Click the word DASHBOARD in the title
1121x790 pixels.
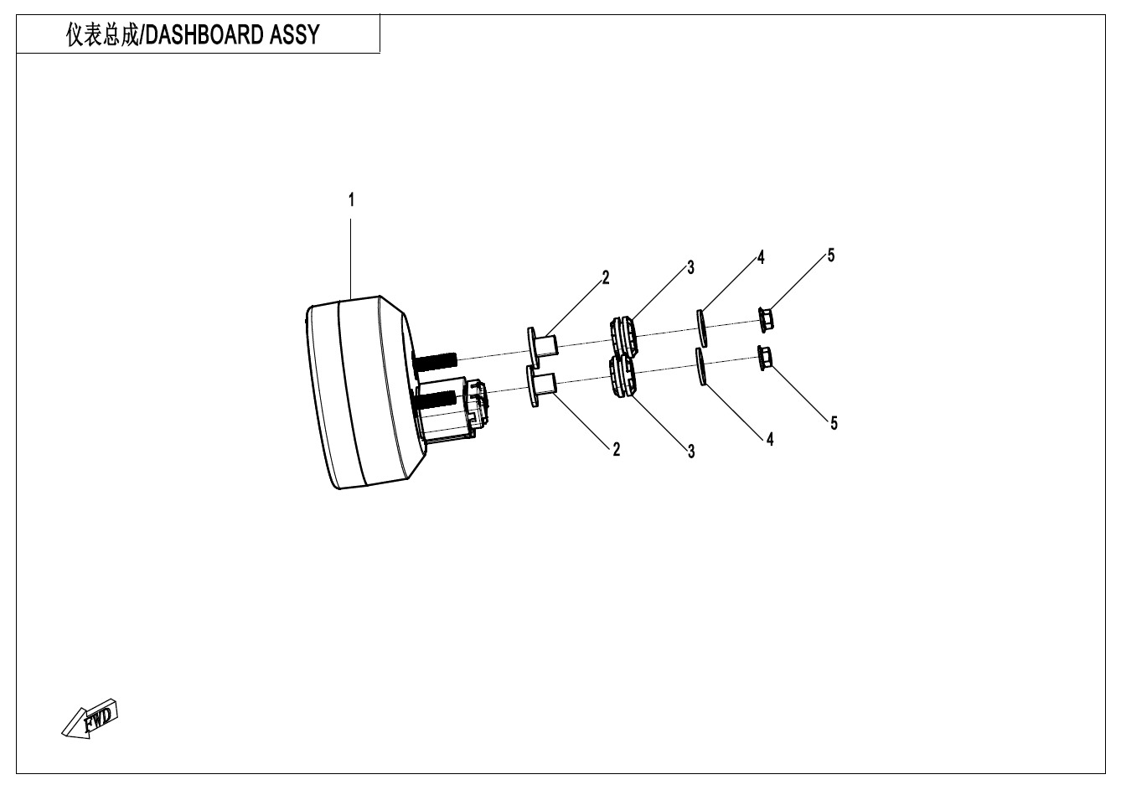tap(204, 35)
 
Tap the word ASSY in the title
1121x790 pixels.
tap(295, 35)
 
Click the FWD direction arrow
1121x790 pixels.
tap(90, 719)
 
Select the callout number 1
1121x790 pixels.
tap(351, 200)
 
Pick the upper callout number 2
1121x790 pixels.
tap(606, 277)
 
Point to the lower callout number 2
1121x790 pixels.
tap(617, 449)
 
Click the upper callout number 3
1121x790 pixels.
tap(690, 267)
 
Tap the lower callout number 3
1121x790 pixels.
tap(691, 452)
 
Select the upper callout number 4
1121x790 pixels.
tap(761, 257)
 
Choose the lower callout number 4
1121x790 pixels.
tap(770, 439)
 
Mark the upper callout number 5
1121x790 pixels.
tap(831, 256)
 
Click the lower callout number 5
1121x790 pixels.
tap(834, 423)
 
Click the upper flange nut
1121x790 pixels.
tap(766, 320)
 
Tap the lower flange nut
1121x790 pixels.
tap(765, 358)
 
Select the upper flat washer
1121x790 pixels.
tap(702, 328)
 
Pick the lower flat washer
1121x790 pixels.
tap(701, 367)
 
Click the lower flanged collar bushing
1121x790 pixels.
tap(542, 385)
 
